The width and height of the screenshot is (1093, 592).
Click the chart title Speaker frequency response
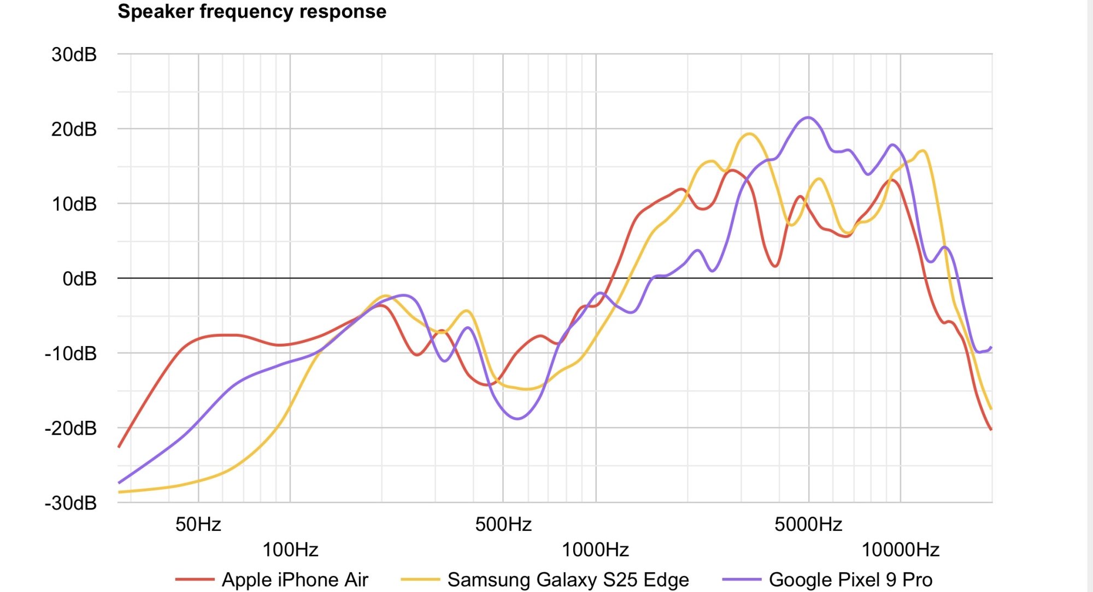(x=252, y=11)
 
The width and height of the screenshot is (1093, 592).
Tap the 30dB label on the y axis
(x=74, y=55)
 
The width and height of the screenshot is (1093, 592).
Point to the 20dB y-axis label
(x=74, y=130)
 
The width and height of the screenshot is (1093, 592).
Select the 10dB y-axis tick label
(x=74, y=204)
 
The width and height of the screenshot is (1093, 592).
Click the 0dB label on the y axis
(x=79, y=279)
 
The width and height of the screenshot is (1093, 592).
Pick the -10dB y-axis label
(x=70, y=354)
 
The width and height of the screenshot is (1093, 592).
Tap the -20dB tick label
(x=70, y=429)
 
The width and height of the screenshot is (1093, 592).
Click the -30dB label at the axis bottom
(x=70, y=503)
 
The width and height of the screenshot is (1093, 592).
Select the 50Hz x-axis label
(x=198, y=524)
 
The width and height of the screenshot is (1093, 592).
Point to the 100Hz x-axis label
(x=290, y=549)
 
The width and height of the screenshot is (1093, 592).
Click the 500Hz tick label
(x=503, y=524)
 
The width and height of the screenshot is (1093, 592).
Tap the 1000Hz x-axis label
(x=595, y=549)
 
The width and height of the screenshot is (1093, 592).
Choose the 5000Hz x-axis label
(x=808, y=524)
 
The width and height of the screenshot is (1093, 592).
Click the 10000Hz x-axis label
(x=900, y=549)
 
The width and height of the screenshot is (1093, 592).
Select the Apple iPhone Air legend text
(x=295, y=579)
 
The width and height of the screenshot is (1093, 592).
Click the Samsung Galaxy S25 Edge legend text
(x=568, y=579)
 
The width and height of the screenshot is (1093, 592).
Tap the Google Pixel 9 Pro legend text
(x=850, y=579)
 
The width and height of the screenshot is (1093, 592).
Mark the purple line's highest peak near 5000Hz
(x=808, y=118)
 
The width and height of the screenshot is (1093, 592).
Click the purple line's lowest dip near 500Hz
(x=518, y=419)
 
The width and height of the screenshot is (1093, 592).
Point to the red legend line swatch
(x=195, y=579)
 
